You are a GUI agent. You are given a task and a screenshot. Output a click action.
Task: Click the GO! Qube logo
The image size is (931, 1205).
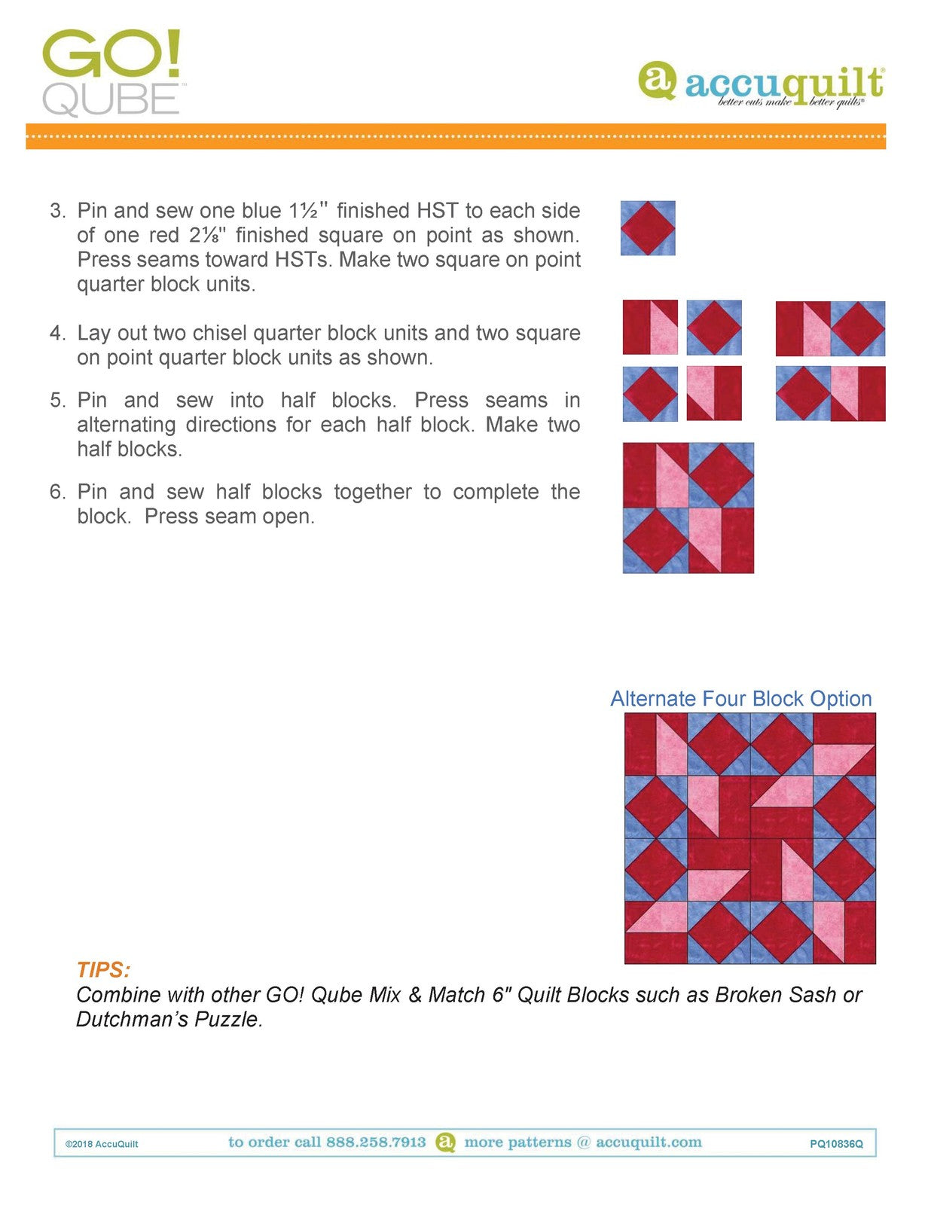coord(111,72)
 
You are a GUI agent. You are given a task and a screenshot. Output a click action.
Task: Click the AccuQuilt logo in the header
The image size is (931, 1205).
coord(761,84)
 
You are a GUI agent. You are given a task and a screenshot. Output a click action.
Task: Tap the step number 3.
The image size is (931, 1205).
coord(57,211)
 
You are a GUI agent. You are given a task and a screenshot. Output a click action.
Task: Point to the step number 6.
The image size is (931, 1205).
coord(57,493)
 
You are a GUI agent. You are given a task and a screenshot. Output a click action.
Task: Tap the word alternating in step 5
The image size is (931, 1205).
coord(127,425)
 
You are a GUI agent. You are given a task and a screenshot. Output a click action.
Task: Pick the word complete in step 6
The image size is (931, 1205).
coord(496,493)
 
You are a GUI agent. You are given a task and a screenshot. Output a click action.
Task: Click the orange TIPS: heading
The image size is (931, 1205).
coord(103,970)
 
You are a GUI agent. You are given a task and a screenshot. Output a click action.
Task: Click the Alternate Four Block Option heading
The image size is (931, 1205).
coord(740,699)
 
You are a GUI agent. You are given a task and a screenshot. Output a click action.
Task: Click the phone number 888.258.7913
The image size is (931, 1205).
coord(376,1142)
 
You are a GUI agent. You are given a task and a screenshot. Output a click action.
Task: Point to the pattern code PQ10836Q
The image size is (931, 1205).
coord(836,1144)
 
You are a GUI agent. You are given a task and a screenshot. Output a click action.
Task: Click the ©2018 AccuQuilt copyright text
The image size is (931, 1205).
coord(102,1144)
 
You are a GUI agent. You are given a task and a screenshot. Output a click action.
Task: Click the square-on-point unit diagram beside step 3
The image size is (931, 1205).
coord(648,228)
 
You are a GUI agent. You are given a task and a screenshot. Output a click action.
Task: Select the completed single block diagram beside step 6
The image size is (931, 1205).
coord(688,508)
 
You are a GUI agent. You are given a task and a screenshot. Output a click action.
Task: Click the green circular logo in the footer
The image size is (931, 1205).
coord(446,1142)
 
